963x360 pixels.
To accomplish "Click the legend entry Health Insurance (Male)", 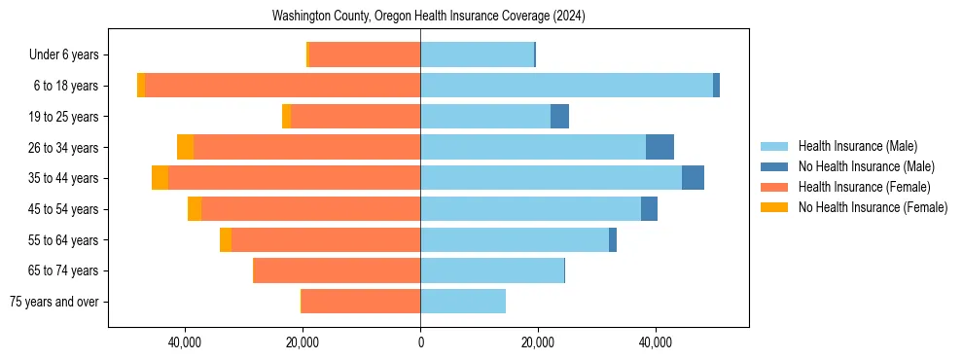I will (857, 146).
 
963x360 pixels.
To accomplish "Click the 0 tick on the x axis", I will (420, 342).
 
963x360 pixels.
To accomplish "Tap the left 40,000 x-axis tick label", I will (184, 342).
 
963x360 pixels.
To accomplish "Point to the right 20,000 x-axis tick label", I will (538, 342).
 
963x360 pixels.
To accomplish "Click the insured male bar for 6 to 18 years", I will (566, 86).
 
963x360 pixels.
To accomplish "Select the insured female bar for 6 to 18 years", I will (282, 86).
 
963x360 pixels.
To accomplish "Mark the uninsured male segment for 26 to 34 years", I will (660, 147).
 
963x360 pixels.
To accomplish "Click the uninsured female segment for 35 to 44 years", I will (160, 178).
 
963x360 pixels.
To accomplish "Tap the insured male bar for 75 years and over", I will (463, 302).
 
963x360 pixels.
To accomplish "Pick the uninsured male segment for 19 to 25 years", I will (559, 117).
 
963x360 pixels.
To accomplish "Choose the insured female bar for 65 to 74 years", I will (338, 270).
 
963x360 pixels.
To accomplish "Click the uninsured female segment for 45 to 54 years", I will (195, 209).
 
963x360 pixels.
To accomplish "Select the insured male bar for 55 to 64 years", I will (515, 239).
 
